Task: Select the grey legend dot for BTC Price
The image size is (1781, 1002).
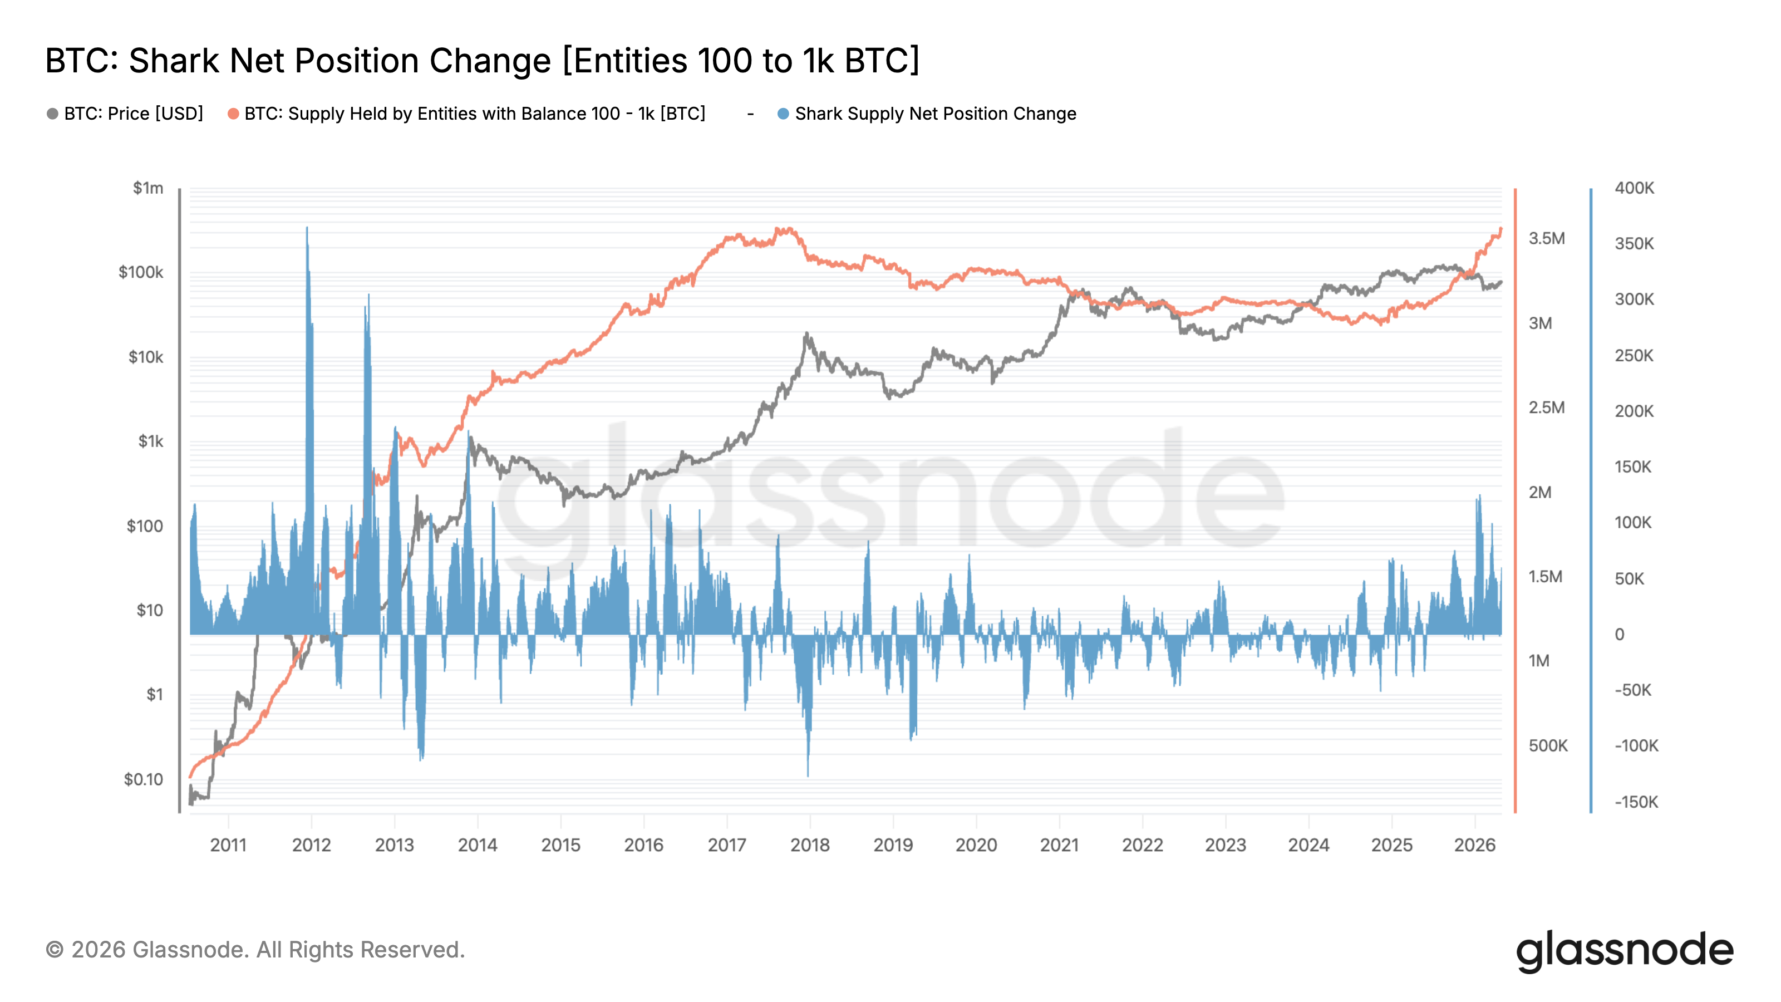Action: tap(52, 114)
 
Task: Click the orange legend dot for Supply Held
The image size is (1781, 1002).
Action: tap(234, 114)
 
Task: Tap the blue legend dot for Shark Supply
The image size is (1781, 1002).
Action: tap(783, 114)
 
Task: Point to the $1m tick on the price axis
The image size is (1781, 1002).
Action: tap(148, 188)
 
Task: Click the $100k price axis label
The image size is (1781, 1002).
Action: tap(141, 272)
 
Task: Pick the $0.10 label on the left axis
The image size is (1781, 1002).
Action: tap(143, 779)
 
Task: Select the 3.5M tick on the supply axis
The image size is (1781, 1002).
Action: tap(1547, 239)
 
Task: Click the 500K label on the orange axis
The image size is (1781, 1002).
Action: tap(1548, 745)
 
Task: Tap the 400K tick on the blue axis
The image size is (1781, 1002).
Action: tap(1635, 188)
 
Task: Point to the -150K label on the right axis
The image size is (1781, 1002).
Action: tap(1636, 802)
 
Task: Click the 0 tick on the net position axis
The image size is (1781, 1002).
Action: tap(1619, 635)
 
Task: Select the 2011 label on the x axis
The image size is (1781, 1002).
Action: tap(228, 845)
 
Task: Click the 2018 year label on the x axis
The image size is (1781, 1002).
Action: tap(810, 845)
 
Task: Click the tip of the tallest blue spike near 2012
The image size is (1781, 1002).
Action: tap(307, 228)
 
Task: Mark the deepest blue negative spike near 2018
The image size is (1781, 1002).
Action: tap(808, 774)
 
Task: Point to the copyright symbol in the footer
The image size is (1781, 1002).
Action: tap(55, 950)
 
